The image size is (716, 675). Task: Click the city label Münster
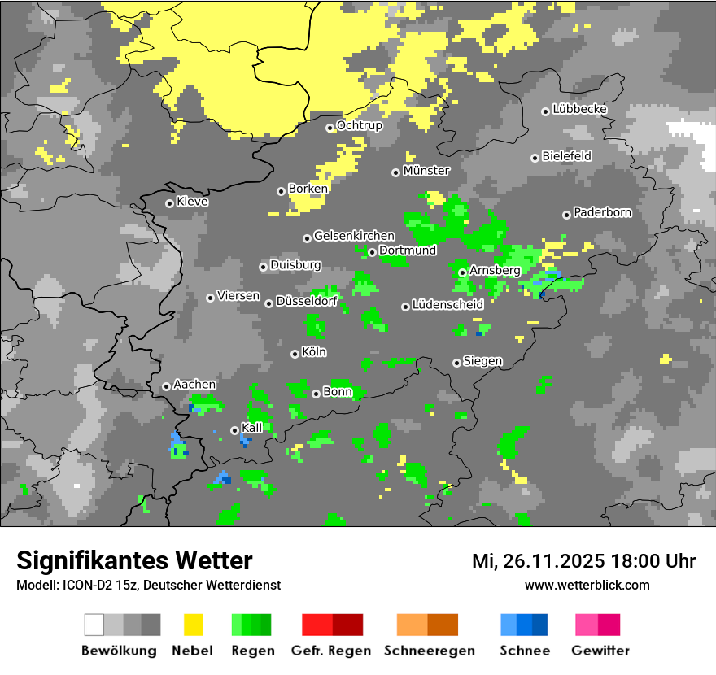pos(426,171)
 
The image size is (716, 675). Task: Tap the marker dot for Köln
pos(295,354)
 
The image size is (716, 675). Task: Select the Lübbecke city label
pos(580,109)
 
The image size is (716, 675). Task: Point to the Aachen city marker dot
pos(166,386)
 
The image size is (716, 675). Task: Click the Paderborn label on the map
pos(603,213)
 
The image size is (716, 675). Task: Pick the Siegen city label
pos(483,361)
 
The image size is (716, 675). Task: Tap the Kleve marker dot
pos(169,203)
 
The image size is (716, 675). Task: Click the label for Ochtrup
pos(360,125)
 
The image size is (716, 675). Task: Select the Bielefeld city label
pos(567,156)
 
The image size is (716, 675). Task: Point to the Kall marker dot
pos(234,430)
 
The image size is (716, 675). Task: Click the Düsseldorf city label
pos(307,302)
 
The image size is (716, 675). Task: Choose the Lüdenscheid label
pos(448,305)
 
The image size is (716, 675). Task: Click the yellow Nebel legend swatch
pos(193,625)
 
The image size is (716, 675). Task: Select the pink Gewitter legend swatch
pos(587,625)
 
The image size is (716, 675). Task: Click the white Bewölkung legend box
pos(94,625)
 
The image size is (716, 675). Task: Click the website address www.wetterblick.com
pos(587,585)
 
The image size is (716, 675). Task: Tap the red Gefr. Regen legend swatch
pos(317,625)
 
